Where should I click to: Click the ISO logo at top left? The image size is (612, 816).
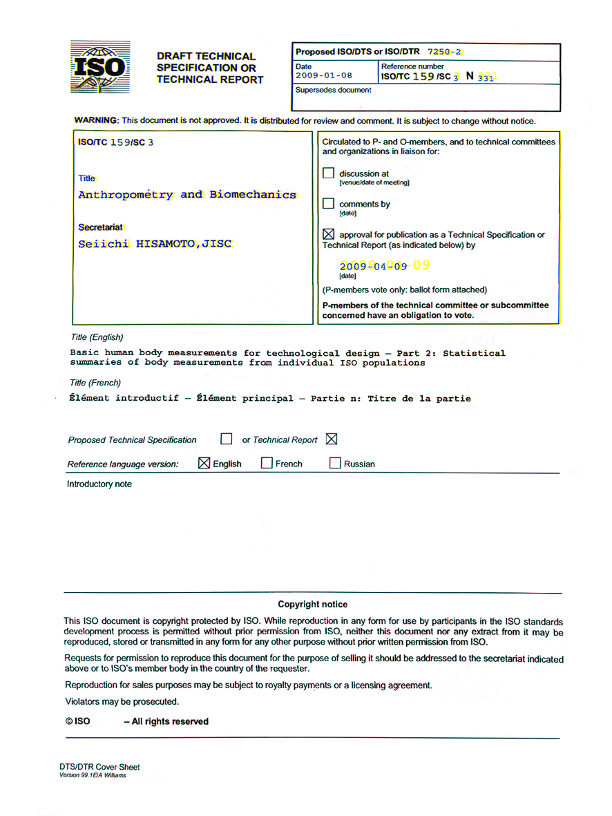99,67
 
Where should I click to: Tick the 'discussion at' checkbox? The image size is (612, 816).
328,173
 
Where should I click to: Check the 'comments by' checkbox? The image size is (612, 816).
328,204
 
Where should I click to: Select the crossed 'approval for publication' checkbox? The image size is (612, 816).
328,234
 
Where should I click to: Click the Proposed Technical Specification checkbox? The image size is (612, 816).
226,439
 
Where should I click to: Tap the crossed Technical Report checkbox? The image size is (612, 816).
332,439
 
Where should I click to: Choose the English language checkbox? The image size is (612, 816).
204,463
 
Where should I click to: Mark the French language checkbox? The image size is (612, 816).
267,463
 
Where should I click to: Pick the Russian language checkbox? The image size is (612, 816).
335,463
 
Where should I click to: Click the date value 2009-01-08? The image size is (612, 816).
324,75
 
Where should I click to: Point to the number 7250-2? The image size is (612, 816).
446,52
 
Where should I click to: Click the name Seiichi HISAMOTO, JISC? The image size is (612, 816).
155,244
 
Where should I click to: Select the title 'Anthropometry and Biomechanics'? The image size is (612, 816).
187,195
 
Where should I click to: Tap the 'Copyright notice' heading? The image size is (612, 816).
313,604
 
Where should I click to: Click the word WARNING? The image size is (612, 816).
97,120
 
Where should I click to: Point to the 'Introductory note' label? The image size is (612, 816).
99,484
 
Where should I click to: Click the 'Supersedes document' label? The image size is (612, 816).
333,90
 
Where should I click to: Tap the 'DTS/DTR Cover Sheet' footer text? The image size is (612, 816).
99,766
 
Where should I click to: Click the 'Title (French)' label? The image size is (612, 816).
95,383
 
